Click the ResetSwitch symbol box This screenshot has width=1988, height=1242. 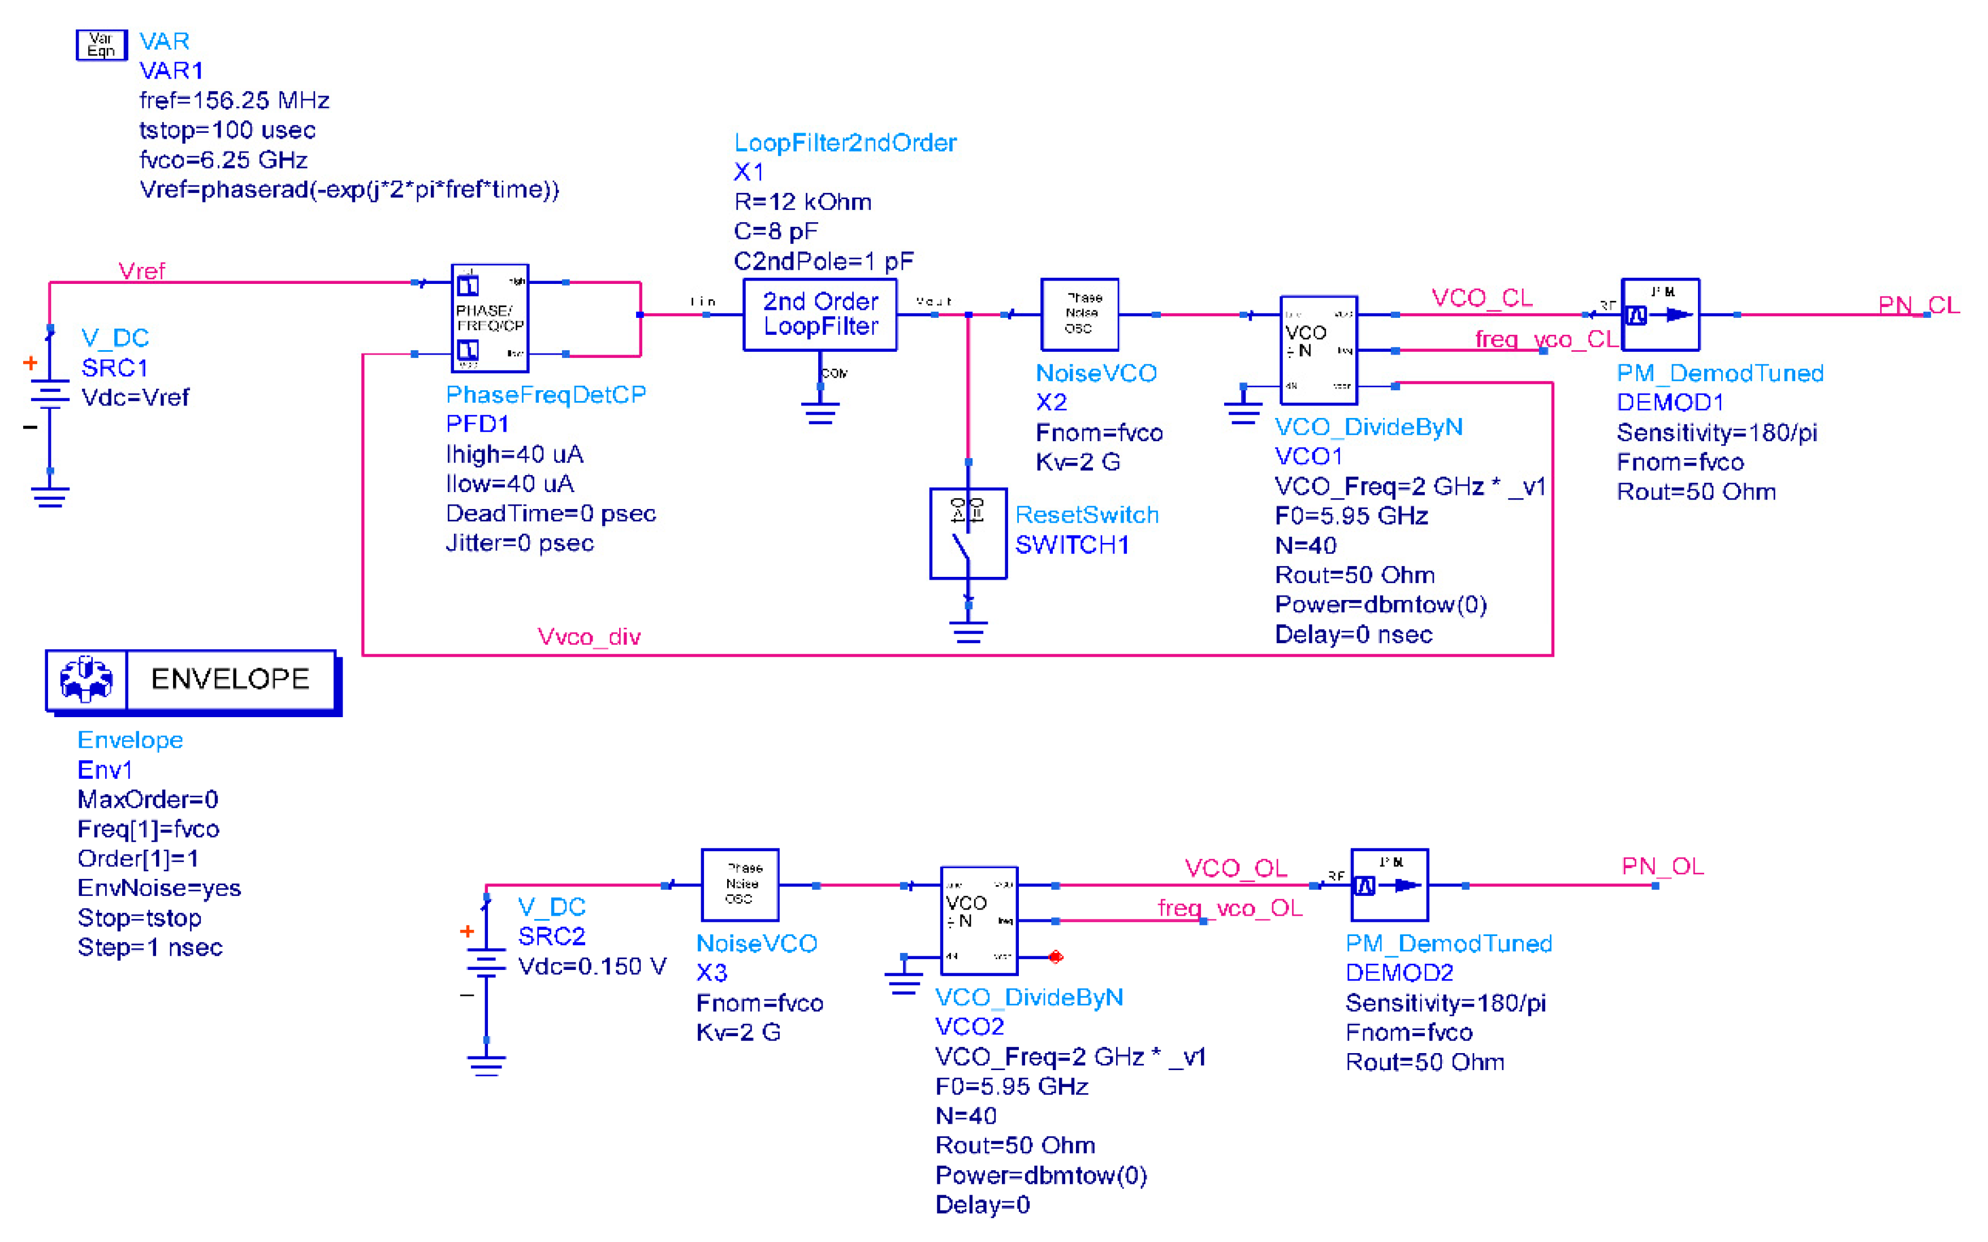coord(967,534)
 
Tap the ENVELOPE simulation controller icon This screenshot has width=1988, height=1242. coord(86,679)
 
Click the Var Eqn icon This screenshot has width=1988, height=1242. coord(101,44)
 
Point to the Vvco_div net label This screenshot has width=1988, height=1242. coord(589,637)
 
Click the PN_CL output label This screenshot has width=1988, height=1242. coord(1918,305)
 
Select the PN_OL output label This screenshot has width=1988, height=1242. coord(1662,866)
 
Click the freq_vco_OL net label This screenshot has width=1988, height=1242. coord(1229,908)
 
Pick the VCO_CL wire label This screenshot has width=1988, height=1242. coord(1481,297)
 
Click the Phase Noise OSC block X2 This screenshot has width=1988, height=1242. coord(1079,314)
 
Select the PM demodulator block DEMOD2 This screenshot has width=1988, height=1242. coord(1389,885)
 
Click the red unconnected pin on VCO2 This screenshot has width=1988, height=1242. coord(1056,956)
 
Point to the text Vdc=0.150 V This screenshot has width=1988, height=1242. coord(591,966)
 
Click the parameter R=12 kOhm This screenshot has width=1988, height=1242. coord(802,202)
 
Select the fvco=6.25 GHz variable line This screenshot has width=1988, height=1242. coord(223,159)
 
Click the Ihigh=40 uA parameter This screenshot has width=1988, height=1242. coord(514,454)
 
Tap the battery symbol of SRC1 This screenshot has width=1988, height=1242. coord(50,395)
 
